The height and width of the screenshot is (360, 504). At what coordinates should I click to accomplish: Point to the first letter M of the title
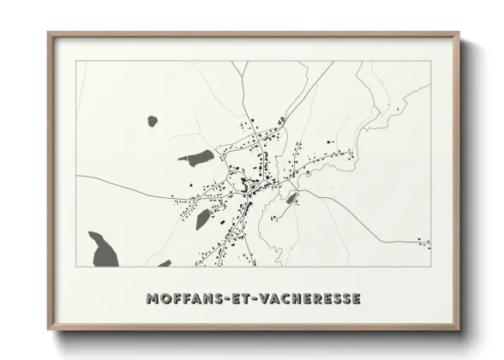(153, 299)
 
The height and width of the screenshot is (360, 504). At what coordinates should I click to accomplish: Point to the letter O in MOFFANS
(166, 299)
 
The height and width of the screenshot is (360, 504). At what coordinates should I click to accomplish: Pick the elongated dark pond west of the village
(197, 157)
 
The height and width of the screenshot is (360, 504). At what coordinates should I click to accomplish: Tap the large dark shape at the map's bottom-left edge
(102, 248)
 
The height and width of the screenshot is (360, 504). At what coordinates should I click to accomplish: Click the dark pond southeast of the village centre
(291, 199)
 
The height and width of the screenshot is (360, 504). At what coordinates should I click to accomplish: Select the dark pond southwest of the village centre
(203, 219)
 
